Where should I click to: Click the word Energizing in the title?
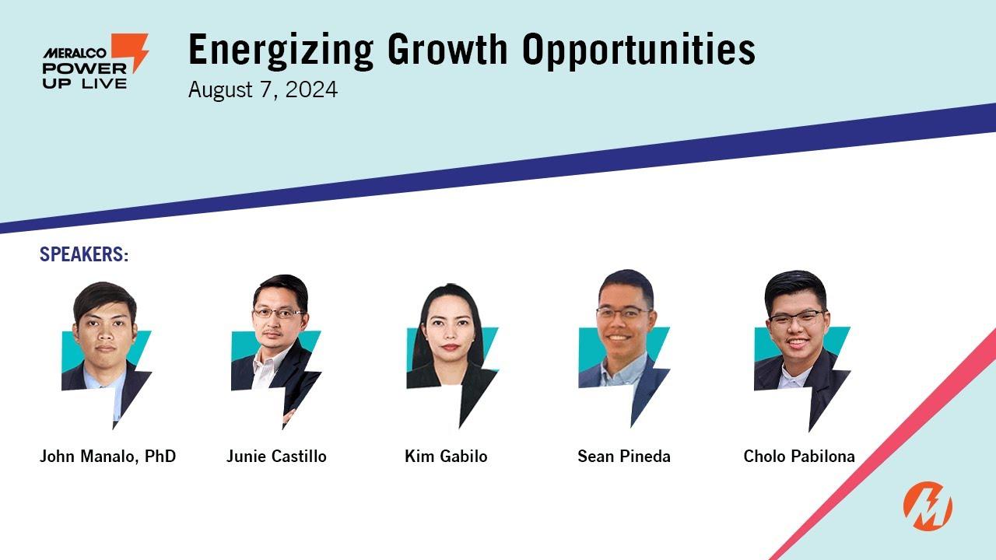[x=281, y=51]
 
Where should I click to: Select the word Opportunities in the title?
[x=639, y=51]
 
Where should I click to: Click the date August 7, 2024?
[x=263, y=89]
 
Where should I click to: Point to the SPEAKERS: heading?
[x=84, y=254]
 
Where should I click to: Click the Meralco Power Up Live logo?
[x=95, y=61]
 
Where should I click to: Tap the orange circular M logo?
[x=928, y=506]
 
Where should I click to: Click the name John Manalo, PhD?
[x=107, y=457]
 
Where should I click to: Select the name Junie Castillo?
[x=276, y=457]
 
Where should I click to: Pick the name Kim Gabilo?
[x=446, y=457]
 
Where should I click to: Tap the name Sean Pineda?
[x=624, y=457]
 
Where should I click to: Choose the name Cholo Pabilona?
[x=799, y=457]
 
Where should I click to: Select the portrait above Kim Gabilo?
[x=452, y=355]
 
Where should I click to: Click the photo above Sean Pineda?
[x=624, y=348]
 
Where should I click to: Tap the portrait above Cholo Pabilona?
[x=801, y=351]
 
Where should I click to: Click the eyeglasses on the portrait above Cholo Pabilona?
[x=797, y=317]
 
